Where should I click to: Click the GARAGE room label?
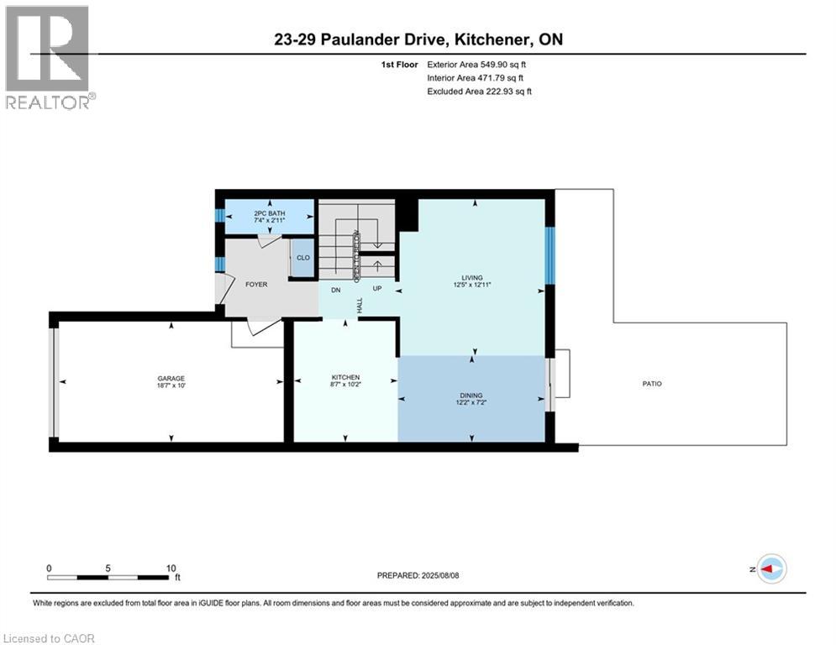[x=171, y=378]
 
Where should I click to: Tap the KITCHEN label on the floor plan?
[x=345, y=377]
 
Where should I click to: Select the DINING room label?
[x=471, y=396]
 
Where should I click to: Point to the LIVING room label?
[x=472, y=278]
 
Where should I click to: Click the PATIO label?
[x=652, y=384]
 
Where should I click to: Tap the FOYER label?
[x=256, y=285]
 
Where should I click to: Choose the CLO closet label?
[x=302, y=258]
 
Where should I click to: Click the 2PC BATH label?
[x=269, y=213]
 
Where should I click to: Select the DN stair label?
[x=336, y=291]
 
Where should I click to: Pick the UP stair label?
[x=377, y=288]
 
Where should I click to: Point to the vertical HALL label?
[x=360, y=306]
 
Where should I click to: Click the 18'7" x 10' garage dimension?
[x=171, y=385]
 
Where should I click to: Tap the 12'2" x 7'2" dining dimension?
[x=471, y=402]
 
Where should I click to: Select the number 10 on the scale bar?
[x=171, y=569]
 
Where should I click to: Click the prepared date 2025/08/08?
[x=440, y=575]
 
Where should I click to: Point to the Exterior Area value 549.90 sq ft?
[x=503, y=65]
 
